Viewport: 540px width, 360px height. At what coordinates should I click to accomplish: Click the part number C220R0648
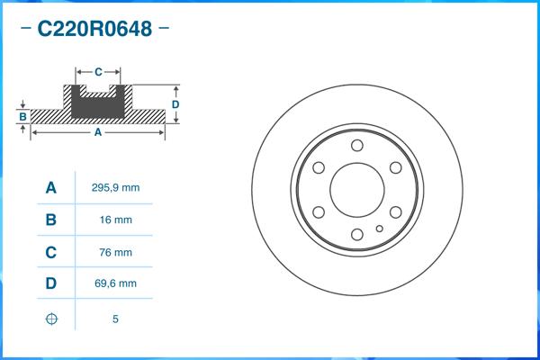(x=94, y=29)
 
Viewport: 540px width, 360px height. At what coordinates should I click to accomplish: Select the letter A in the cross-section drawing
(x=97, y=132)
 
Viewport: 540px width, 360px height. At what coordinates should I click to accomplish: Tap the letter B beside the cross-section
(x=22, y=116)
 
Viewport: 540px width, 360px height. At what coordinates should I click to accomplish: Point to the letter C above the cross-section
(x=98, y=70)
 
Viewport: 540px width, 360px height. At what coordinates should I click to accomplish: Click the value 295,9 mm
(x=115, y=188)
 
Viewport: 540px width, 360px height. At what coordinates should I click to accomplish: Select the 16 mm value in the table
(x=115, y=220)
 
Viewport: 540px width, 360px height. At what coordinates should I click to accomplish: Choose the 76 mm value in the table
(x=115, y=252)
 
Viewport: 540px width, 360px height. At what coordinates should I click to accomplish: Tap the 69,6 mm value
(x=115, y=283)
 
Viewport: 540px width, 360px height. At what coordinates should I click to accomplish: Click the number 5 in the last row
(x=115, y=319)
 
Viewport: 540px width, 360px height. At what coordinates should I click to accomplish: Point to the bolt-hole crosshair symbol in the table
(x=51, y=319)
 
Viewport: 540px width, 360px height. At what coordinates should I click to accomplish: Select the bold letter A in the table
(x=51, y=188)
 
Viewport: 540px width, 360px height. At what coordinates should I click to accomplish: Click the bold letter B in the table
(x=51, y=220)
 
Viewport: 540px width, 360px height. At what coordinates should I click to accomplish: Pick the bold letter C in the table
(x=51, y=252)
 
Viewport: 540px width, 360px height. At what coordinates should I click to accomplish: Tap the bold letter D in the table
(x=51, y=283)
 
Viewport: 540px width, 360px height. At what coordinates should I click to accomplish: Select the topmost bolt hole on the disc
(x=356, y=146)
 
